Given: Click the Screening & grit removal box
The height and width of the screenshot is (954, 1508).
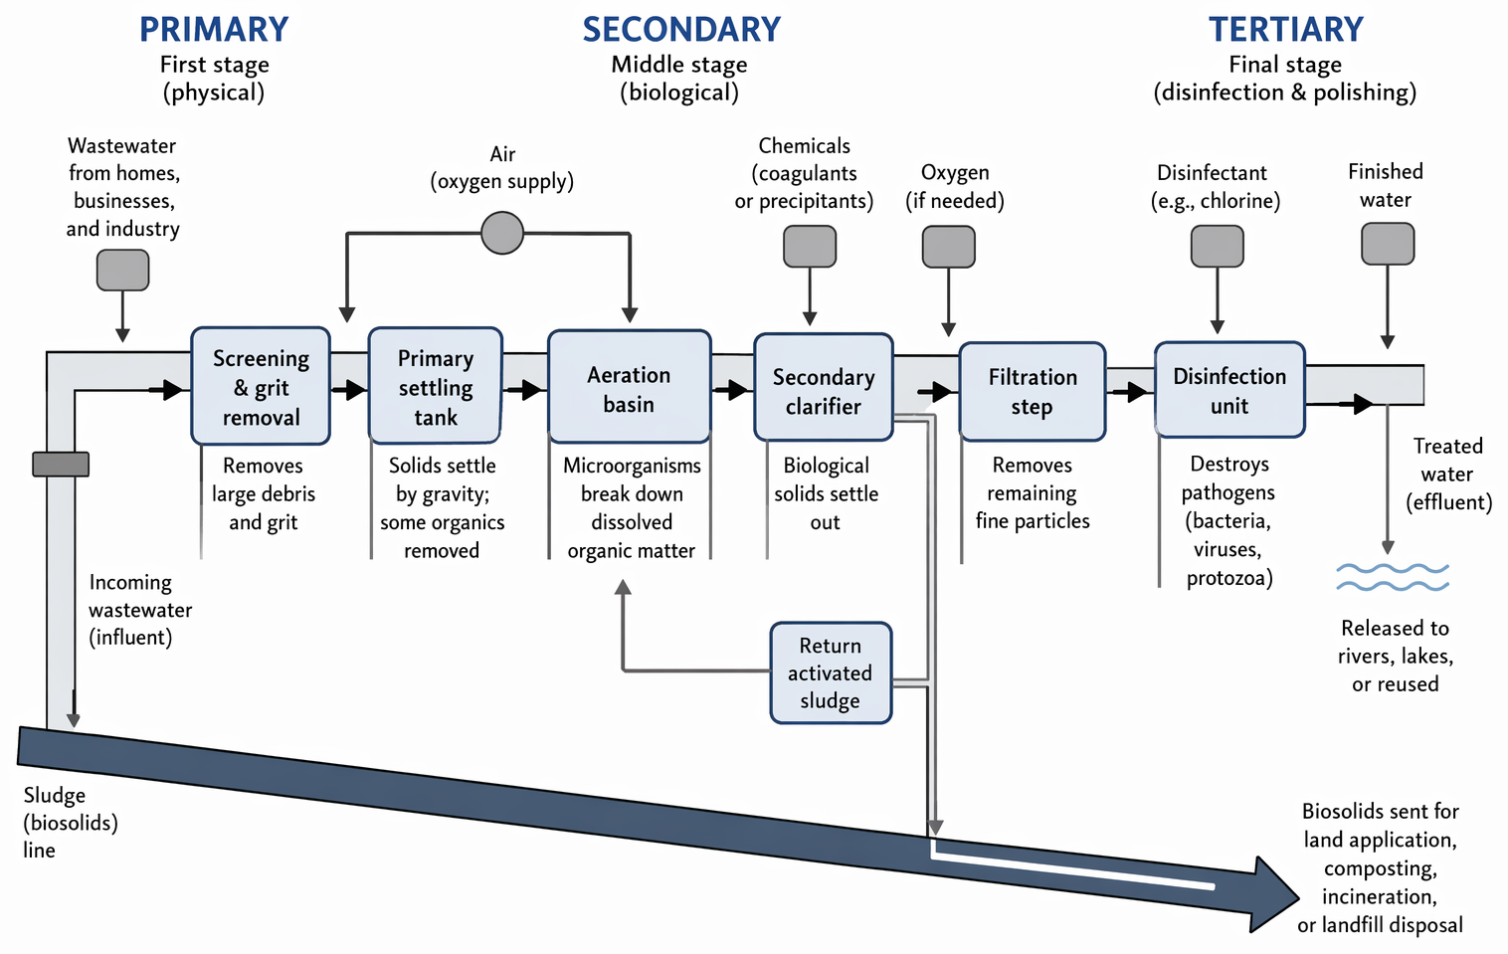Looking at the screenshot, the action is pyautogui.click(x=261, y=386).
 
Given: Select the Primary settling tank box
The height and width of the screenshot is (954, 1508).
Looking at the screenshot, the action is pyautogui.click(x=436, y=386).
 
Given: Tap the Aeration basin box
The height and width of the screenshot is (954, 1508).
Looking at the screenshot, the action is pyautogui.click(x=630, y=386).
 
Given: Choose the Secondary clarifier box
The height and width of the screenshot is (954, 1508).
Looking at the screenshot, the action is pyautogui.click(x=824, y=387).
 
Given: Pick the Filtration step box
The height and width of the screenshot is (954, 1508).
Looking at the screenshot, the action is pyautogui.click(x=1033, y=391).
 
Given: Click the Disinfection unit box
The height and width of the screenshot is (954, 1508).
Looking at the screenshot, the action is pyautogui.click(x=1229, y=390).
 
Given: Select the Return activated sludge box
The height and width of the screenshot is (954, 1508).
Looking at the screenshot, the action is pyautogui.click(x=831, y=672).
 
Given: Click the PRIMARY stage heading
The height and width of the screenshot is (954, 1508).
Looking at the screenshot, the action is pyautogui.click(x=214, y=30).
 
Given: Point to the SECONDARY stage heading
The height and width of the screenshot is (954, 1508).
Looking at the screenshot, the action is pyautogui.click(x=681, y=30).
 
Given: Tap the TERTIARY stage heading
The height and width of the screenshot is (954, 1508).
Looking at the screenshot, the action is pyautogui.click(x=1286, y=30).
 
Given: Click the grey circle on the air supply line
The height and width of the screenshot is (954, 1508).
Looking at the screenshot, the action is pyautogui.click(x=502, y=233).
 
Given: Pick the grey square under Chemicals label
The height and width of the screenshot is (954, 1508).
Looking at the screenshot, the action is pyautogui.click(x=810, y=247).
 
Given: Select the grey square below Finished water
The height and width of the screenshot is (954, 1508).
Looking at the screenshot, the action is pyautogui.click(x=1388, y=244).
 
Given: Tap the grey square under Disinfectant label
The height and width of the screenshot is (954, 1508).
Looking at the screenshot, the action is pyautogui.click(x=1218, y=247).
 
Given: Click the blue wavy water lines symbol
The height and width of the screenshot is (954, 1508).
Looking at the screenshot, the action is pyautogui.click(x=1393, y=577).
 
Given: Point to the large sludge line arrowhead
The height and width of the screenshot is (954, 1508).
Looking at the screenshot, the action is pyautogui.click(x=1273, y=894).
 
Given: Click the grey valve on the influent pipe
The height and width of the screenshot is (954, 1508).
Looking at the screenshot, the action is pyautogui.click(x=61, y=464).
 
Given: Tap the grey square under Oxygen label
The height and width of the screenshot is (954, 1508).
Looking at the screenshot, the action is pyautogui.click(x=949, y=247).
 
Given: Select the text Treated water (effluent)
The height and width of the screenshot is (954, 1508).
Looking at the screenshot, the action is pyautogui.click(x=1448, y=474).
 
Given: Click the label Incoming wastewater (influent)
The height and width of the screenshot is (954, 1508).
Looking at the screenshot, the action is pyautogui.click(x=140, y=610).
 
